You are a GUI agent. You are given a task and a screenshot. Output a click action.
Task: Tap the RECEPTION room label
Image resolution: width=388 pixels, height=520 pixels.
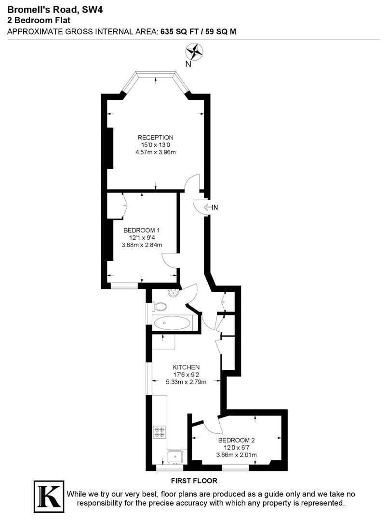click(x=155, y=137)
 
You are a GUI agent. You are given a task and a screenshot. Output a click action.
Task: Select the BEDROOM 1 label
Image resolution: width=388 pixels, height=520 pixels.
click(x=141, y=229)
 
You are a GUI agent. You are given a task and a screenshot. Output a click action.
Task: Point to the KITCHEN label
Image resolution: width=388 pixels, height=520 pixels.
click(x=187, y=367)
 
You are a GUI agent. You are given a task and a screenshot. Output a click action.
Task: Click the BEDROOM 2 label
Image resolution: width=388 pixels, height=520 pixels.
click(x=236, y=440)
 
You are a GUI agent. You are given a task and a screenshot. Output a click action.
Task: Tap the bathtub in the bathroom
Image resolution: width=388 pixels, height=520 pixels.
click(x=173, y=323)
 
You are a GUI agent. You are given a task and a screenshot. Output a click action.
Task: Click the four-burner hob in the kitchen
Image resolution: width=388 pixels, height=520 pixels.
click(x=160, y=431)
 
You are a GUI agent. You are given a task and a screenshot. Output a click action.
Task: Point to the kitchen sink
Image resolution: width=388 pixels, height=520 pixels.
click(x=175, y=455)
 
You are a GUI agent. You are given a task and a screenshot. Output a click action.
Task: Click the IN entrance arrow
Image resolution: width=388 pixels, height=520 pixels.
click(x=211, y=208)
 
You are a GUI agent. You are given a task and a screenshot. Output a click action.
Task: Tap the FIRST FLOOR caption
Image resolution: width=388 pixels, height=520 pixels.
click(x=194, y=481)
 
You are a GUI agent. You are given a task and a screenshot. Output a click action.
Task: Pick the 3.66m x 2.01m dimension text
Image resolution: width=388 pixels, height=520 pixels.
click(x=236, y=455)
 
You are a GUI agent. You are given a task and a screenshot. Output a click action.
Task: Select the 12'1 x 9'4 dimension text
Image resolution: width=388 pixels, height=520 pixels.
click(x=141, y=237)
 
